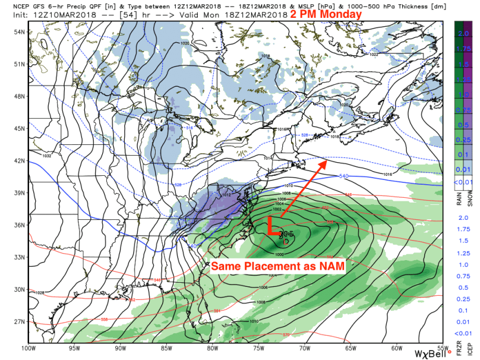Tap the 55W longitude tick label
pyautogui.click(x=442, y=348)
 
